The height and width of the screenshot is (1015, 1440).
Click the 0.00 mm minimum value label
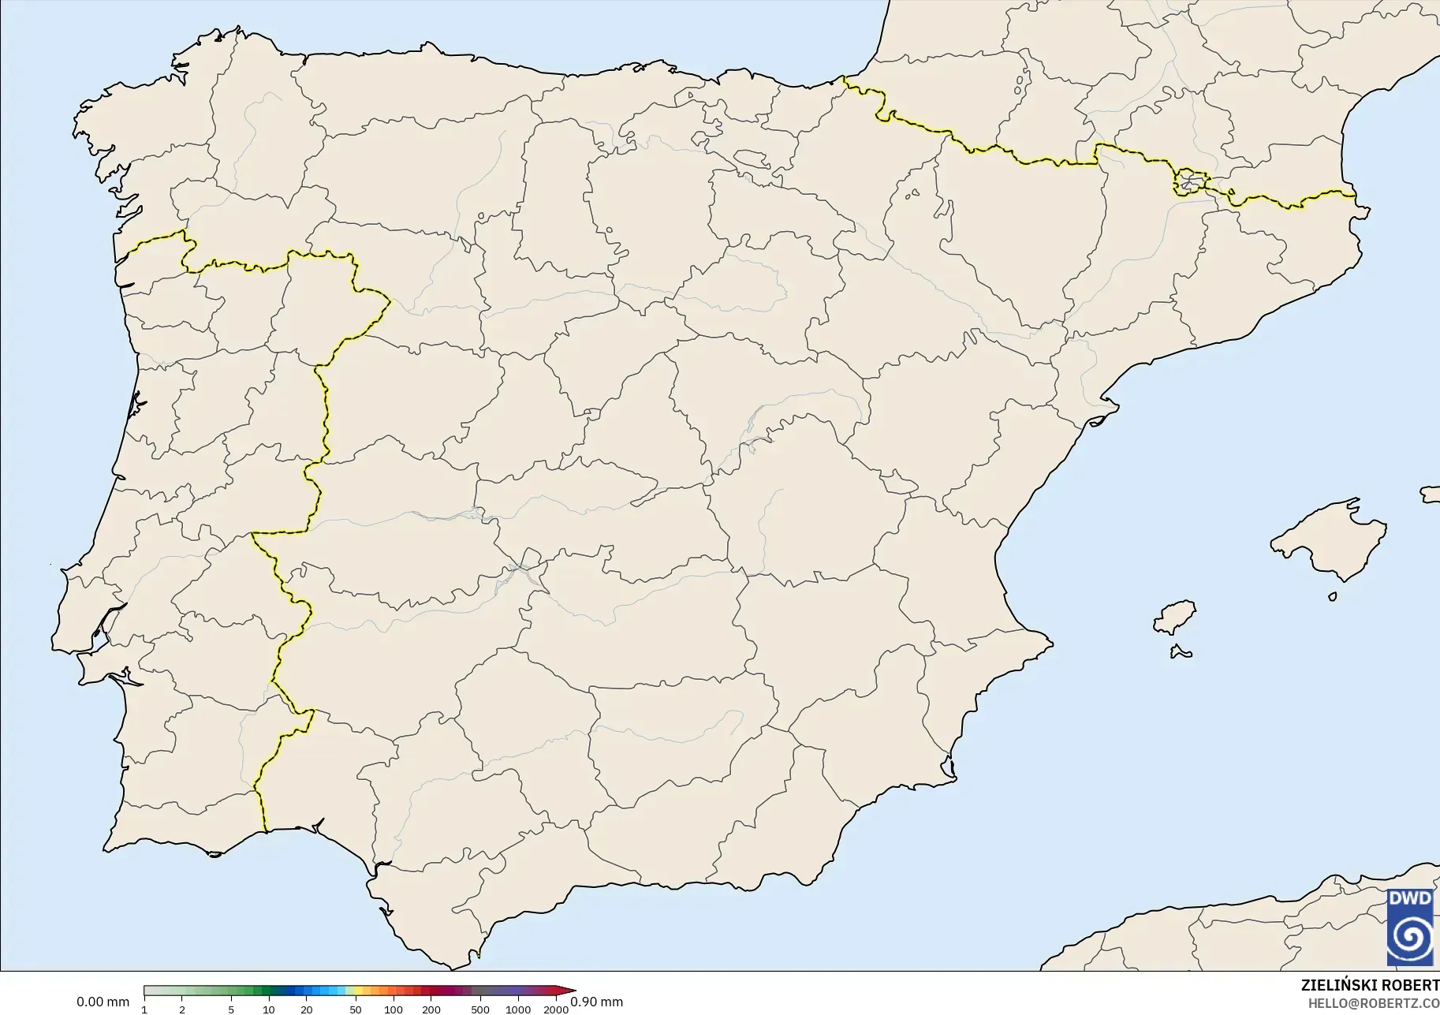[103, 1002]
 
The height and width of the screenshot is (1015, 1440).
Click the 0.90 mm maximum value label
[596, 1002]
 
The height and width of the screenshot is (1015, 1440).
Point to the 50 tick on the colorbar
[356, 1009]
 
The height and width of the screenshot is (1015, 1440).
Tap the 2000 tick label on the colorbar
[556, 1009]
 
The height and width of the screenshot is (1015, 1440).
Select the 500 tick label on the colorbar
[479, 1009]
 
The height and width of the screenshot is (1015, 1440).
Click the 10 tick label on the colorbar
[269, 1009]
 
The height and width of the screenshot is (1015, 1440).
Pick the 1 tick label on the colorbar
[144, 1009]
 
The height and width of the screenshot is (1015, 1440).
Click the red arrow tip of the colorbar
[572, 991]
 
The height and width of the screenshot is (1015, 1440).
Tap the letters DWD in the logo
[1410, 898]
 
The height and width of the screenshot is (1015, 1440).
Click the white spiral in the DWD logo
[1410, 939]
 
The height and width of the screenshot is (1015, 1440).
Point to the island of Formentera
[1181, 651]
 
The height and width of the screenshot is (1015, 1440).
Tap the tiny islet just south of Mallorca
[1333, 596]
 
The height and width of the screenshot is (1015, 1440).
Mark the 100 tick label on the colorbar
[394, 1009]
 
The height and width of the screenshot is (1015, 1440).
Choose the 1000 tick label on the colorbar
[518, 1009]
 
